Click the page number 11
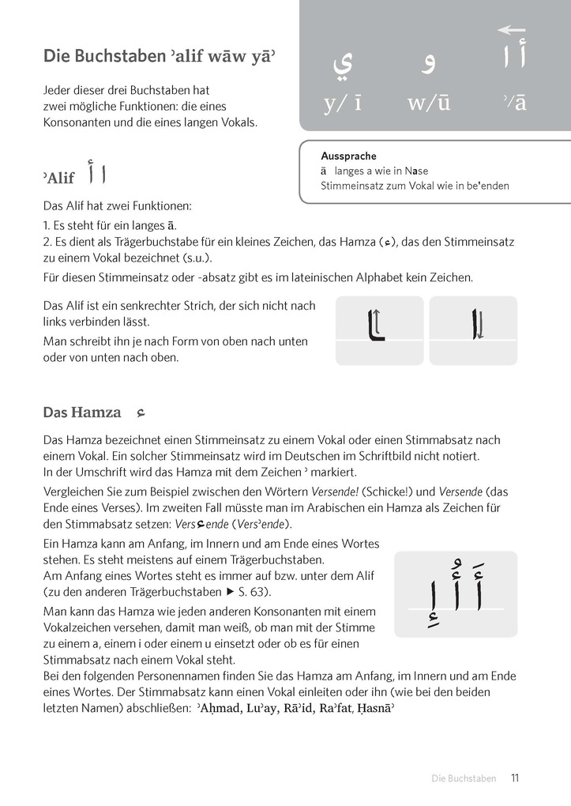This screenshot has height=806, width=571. [514, 778]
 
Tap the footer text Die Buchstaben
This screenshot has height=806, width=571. [464, 779]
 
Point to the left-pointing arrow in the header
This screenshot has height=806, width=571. [511, 30]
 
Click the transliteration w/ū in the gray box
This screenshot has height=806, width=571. [429, 103]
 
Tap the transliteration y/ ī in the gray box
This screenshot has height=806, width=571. [342, 103]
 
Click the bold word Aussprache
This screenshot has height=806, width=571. [348, 156]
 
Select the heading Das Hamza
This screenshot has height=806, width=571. [82, 412]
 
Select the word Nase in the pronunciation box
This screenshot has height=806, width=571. [416, 171]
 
